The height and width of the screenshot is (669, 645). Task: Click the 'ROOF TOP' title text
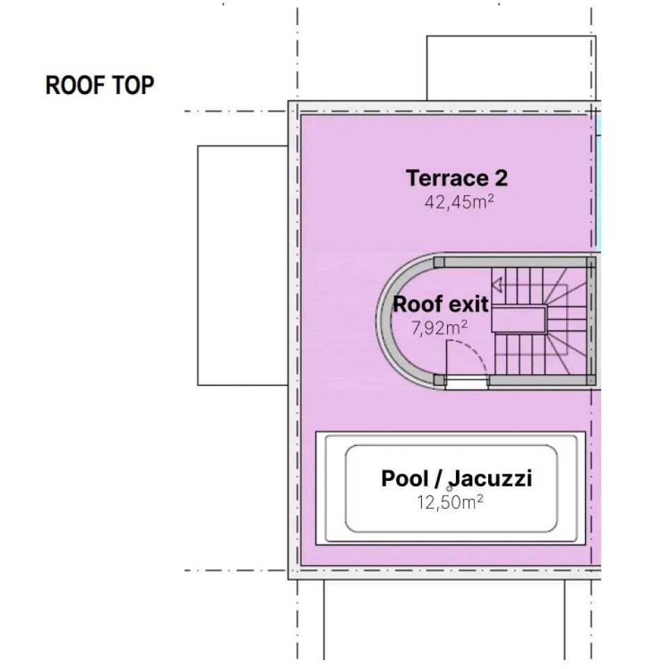click(x=100, y=86)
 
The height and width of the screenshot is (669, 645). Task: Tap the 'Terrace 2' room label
click(x=457, y=178)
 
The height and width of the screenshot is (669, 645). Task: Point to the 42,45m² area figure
click(x=460, y=202)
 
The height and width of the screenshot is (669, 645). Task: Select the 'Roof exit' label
click(x=441, y=305)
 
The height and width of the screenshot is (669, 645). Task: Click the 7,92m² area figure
click(x=439, y=328)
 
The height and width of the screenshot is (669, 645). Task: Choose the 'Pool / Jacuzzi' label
click(x=457, y=479)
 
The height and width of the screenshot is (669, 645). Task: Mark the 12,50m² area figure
click(x=450, y=502)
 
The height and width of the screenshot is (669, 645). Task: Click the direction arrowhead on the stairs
click(x=496, y=285)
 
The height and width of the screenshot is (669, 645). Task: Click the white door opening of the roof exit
click(x=466, y=381)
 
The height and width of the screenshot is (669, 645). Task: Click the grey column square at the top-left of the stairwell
click(x=439, y=262)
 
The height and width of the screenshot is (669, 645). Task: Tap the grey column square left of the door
click(x=439, y=380)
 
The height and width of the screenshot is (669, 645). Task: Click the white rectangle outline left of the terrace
click(x=243, y=265)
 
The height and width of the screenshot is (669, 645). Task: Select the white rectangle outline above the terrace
click(x=510, y=68)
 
